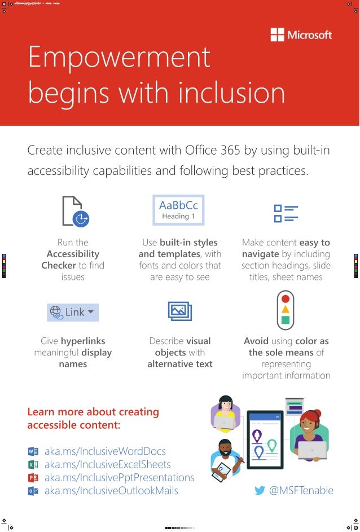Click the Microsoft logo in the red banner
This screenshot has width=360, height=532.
301,35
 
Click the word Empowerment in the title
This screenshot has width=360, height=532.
119,58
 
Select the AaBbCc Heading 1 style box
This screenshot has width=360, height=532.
178,210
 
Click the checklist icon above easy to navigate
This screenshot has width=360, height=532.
286,214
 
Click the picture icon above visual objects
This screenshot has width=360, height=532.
180,311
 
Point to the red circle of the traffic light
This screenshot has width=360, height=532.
286,298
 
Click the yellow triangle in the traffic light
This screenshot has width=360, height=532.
286,309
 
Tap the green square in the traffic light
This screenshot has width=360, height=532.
286,320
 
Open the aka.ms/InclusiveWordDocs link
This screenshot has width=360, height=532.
105,451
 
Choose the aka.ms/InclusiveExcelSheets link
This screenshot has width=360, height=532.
107,464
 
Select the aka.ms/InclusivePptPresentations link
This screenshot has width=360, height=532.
119,477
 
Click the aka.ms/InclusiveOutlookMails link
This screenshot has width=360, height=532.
111,491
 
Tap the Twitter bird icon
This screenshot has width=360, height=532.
260,491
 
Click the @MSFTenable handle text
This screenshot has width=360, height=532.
301,491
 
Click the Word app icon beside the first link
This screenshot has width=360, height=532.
33,451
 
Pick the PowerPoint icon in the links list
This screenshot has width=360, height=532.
33,478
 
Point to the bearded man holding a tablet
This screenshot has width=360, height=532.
226,457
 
